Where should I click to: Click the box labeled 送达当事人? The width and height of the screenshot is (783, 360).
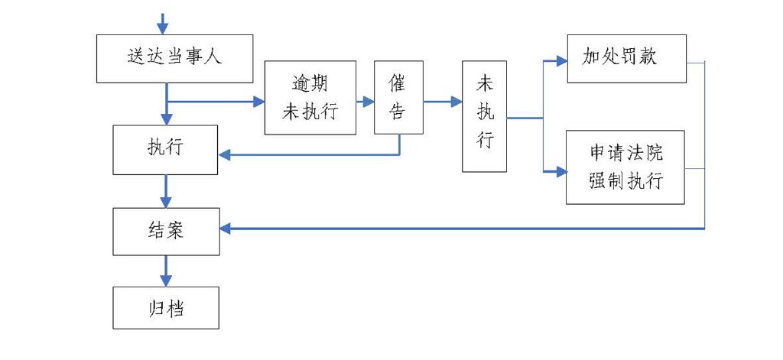pos(175,58)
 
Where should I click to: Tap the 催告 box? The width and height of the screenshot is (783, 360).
pos(398,97)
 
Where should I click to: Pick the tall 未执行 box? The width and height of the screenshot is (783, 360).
pos(485,116)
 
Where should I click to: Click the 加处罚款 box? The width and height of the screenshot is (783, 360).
pos(625,58)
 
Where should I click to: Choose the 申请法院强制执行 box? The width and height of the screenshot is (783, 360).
pos(625,167)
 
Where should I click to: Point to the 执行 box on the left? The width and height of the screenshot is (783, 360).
pos(165,148)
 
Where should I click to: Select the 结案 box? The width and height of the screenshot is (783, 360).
pos(165,230)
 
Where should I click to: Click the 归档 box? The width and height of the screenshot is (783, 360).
pos(165,309)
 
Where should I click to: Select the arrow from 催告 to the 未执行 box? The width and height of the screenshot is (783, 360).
pos(441,100)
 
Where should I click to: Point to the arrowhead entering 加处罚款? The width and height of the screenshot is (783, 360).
pos(560,59)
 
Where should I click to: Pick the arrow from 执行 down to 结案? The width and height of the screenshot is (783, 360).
pos(166,190)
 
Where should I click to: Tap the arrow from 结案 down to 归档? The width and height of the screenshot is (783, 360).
pos(166,271)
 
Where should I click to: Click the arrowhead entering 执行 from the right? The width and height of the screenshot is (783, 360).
pos(225,155)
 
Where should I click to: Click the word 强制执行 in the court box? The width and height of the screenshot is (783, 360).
pos(625,181)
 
